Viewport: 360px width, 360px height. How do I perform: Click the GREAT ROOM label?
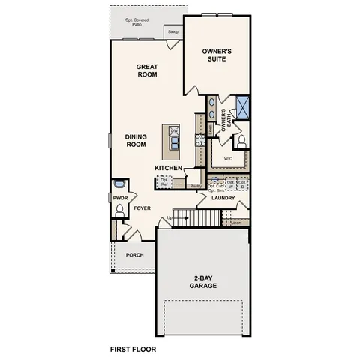[x=146, y=70]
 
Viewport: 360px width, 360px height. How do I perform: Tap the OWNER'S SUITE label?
[x=217, y=55]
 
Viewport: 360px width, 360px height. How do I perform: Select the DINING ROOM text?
[x=135, y=140]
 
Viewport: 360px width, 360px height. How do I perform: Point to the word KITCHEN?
[x=169, y=167]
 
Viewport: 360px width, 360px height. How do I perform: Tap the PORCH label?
[x=134, y=255]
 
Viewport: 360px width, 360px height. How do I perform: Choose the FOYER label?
[x=142, y=209]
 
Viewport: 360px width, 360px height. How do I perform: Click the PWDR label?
[x=120, y=199]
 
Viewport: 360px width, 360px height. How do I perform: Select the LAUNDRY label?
[x=223, y=199]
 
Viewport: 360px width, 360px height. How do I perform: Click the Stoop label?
[x=172, y=32]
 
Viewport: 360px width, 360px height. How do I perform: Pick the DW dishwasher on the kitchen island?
[x=173, y=131]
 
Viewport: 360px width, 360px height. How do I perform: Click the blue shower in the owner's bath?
[x=242, y=106]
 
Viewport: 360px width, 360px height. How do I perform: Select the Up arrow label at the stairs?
[x=170, y=217]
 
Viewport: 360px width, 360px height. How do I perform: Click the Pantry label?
[x=194, y=186]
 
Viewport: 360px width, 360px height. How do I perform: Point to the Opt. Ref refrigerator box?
[x=163, y=181]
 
